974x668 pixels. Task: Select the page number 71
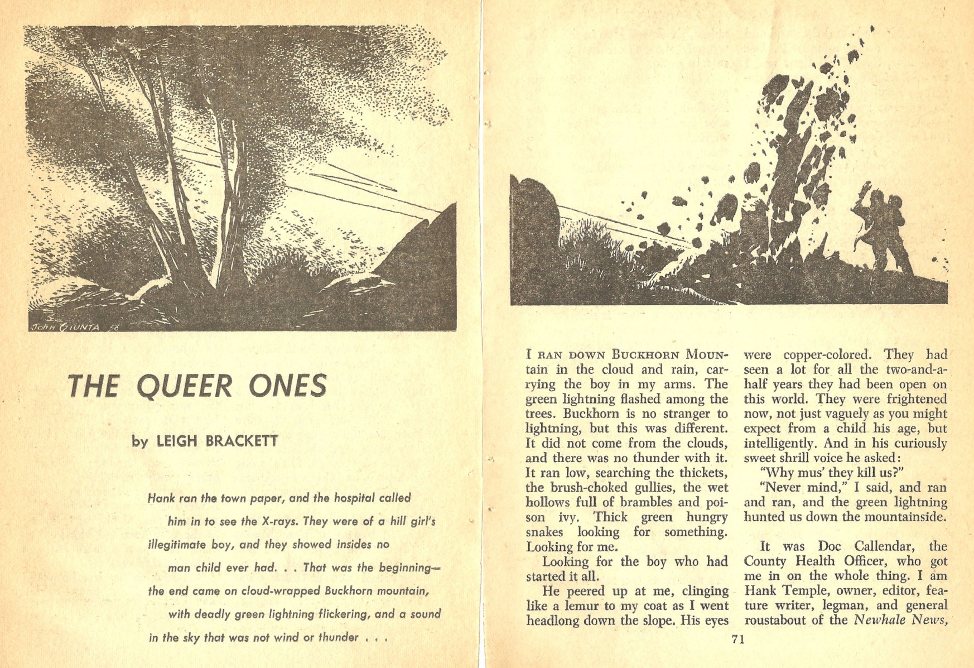[x=737, y=640]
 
